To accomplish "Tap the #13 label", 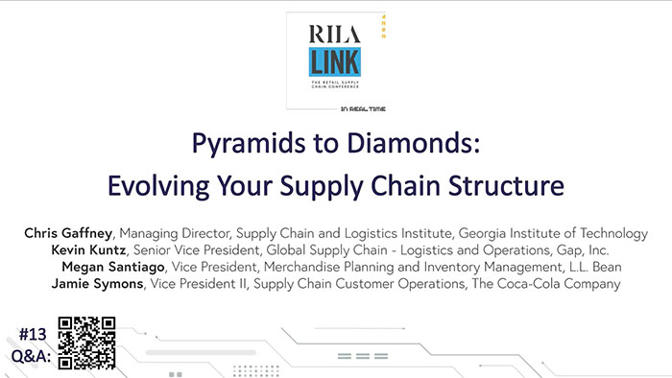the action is pos(36,333).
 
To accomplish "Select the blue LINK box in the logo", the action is pos(335,63).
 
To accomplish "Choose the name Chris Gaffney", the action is pos(66,233).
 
